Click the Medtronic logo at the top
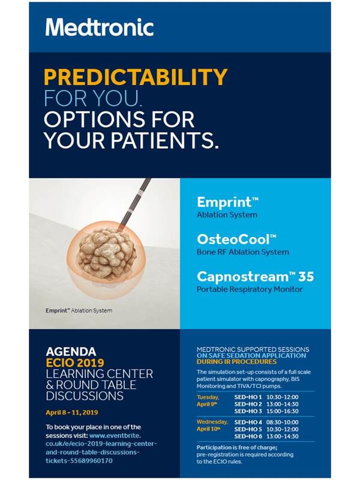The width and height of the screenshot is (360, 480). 100,27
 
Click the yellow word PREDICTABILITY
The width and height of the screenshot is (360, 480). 136,77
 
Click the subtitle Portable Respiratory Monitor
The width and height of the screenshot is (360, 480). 250,289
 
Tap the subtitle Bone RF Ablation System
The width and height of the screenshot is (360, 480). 243,252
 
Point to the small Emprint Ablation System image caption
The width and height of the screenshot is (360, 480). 79,310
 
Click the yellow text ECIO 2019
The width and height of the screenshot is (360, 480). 75,363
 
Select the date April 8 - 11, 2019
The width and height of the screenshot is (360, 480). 72,412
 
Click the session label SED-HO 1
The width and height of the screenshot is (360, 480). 248,397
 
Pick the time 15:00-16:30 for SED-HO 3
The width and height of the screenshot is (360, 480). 282,411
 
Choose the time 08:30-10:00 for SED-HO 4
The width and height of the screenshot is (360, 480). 282,422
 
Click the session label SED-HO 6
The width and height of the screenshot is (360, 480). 248,436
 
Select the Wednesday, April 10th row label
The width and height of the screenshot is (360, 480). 212,425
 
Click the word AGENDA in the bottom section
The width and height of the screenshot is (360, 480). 71,352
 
